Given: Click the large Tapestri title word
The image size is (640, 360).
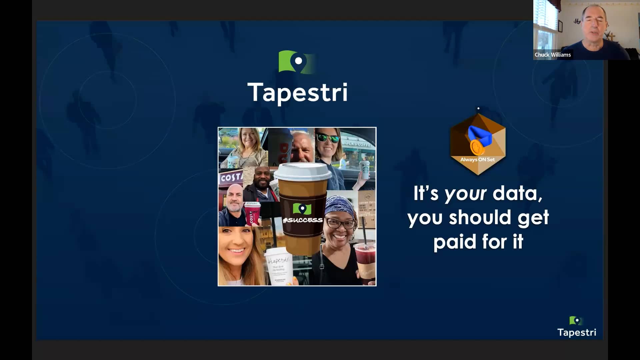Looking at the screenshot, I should (x=297, y=92).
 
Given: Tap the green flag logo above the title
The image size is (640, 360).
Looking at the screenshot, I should (x=295, y=62).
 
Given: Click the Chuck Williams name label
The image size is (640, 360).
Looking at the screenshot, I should (x=552, y=55).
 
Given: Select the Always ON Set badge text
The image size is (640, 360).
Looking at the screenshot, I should (x=477, y=160).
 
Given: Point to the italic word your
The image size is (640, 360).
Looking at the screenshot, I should (x=465, y=194).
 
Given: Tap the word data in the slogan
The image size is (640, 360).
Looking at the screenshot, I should (x=517, y=193).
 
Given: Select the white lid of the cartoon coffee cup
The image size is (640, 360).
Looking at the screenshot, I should (x=302, y=171).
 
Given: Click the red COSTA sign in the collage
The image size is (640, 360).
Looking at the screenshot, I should (x=231, y=177).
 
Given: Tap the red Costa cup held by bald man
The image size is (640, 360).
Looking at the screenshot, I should (x=252, y=213).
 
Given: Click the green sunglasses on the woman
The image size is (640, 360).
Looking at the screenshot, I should (x=327, y=137).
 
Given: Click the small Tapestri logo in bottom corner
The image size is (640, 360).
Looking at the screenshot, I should (x=577, y=327).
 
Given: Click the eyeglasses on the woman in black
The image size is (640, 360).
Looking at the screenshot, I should (x=340, y=223).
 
